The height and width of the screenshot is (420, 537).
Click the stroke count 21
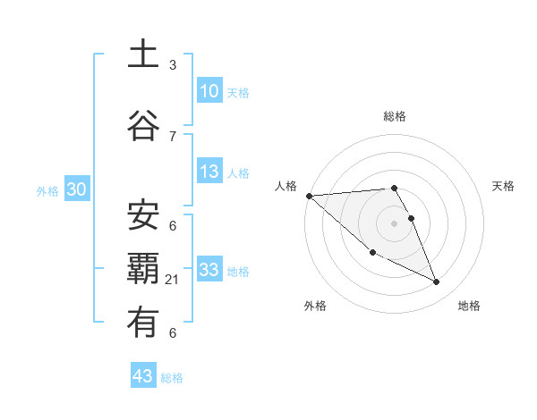click(173, 280)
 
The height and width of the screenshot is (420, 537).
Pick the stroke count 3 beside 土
click(173, 65)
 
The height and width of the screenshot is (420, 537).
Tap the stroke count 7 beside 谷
click(173, 136)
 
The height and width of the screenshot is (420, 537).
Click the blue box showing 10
click(209, 91)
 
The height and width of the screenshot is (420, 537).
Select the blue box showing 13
click(209, 172)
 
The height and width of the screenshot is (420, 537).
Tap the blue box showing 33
click(209, 270)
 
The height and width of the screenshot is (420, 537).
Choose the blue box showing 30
click(77, 189)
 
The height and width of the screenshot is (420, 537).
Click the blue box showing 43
click(142, 376)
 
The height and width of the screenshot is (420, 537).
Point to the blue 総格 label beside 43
click(172, 378)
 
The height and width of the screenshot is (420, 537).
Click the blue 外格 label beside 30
click(47, 190)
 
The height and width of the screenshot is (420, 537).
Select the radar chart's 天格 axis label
click(504, 186)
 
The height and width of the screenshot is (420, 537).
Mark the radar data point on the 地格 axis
click(437, 282)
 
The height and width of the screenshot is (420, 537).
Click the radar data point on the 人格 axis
click(309, 196)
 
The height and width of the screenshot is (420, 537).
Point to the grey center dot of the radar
click(394, 222)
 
